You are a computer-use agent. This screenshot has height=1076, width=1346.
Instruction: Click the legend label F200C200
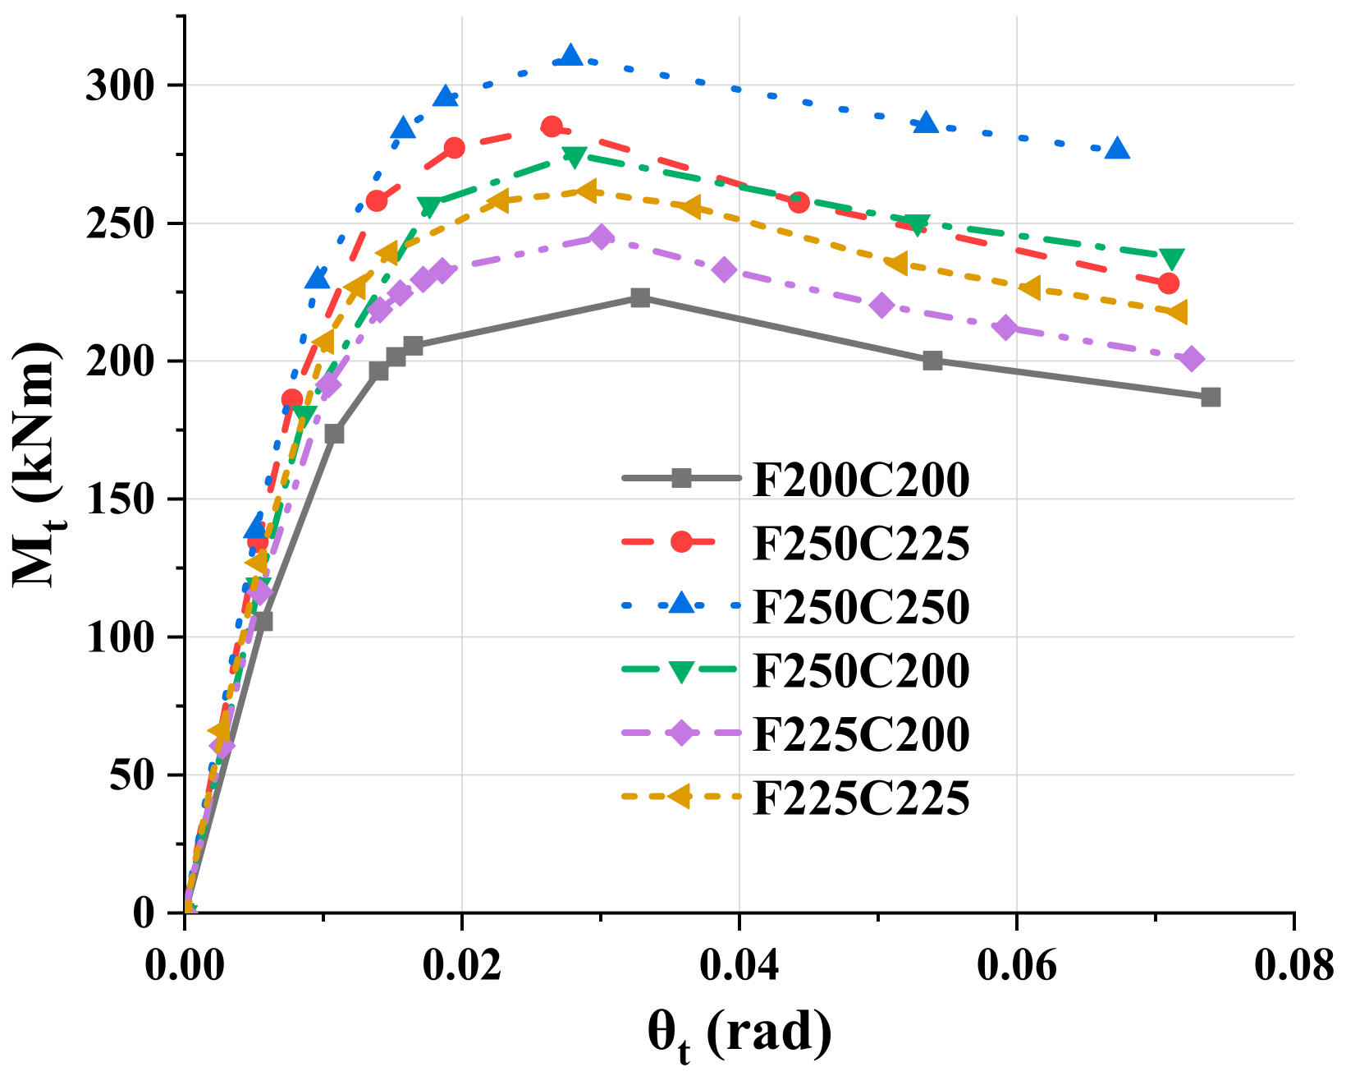[861, 481]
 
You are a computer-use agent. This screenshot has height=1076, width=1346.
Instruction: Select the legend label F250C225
[861, 544]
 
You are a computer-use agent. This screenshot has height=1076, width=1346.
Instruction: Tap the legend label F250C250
[861, 607]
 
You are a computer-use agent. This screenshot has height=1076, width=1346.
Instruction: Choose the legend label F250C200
[861, 670]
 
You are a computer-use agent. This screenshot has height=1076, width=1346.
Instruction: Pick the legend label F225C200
[861, 733]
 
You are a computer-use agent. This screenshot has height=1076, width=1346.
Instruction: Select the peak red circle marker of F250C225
[552, 126]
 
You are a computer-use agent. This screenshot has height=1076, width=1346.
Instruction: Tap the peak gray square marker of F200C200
[640, 297]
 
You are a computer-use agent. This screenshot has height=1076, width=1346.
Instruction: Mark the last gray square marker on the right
[1211, 398]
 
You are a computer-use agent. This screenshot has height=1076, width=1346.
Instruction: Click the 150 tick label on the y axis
[118, 500]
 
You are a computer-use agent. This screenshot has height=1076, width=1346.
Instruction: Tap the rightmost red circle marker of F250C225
[1169, 283]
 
